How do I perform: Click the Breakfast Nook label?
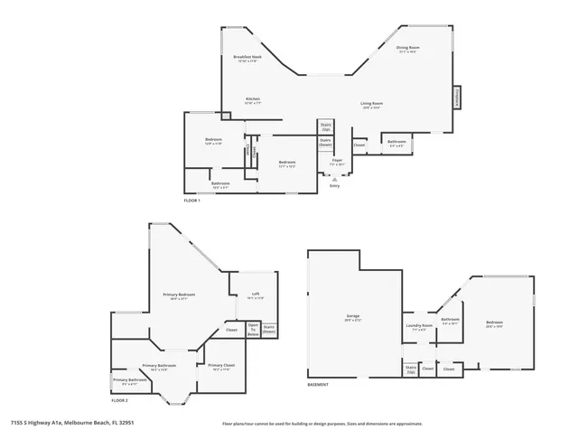coord(247,58)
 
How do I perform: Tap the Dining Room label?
coord(408,50)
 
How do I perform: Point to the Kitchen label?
coord(253,99)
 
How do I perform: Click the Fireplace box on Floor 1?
coord(457,98)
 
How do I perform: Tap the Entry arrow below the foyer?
coord(334,179)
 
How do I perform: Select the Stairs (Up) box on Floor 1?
coord(326,127)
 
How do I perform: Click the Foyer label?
coord(335,162)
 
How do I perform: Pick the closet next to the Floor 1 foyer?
coord(359,145)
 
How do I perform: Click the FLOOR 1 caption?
coord(192,200)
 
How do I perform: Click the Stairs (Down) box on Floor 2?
coord(269,331)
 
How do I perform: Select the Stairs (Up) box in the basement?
coord(411,369)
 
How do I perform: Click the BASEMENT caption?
coord(318,385)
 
